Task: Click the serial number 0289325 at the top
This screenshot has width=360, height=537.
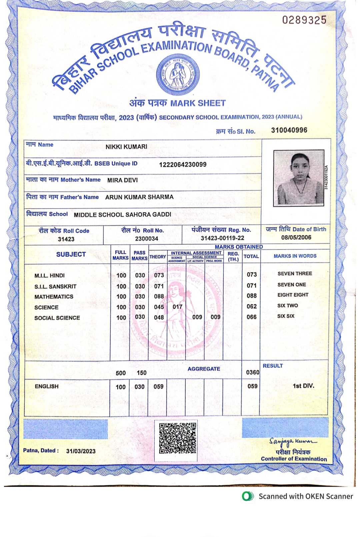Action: (304, 20)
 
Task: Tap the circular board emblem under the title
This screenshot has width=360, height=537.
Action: (178, 74)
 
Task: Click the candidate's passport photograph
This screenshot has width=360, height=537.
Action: (299, 178)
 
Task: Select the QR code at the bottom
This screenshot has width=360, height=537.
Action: (177, 438)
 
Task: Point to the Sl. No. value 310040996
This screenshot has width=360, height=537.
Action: (289, 130)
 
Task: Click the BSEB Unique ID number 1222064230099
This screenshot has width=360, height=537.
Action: (183, 164)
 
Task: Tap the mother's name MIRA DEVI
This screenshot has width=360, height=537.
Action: (122, 180)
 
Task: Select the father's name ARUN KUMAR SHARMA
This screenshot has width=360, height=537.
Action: (139, 197)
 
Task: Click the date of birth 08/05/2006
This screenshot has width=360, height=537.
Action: (296, 238)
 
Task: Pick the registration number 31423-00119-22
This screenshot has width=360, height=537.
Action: (222, 238)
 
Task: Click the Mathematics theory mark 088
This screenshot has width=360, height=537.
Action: (159, 296)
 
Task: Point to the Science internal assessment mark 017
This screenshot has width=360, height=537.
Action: (177, 307)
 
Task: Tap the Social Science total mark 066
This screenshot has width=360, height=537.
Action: (252, 317)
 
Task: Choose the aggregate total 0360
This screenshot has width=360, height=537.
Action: (252, 372)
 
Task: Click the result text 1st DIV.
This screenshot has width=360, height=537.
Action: (303, 386)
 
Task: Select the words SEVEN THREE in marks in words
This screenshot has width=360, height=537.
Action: (295, 273)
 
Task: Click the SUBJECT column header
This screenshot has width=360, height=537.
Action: (71, 255)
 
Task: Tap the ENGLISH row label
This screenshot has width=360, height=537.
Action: (47, 386)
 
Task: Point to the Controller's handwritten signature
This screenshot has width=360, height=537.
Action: (292, 442)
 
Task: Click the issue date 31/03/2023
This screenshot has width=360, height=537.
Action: (81, 451)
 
